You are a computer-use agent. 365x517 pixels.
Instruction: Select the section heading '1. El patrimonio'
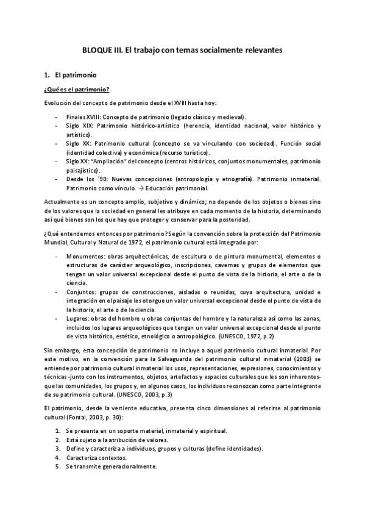tap(67, 76)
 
